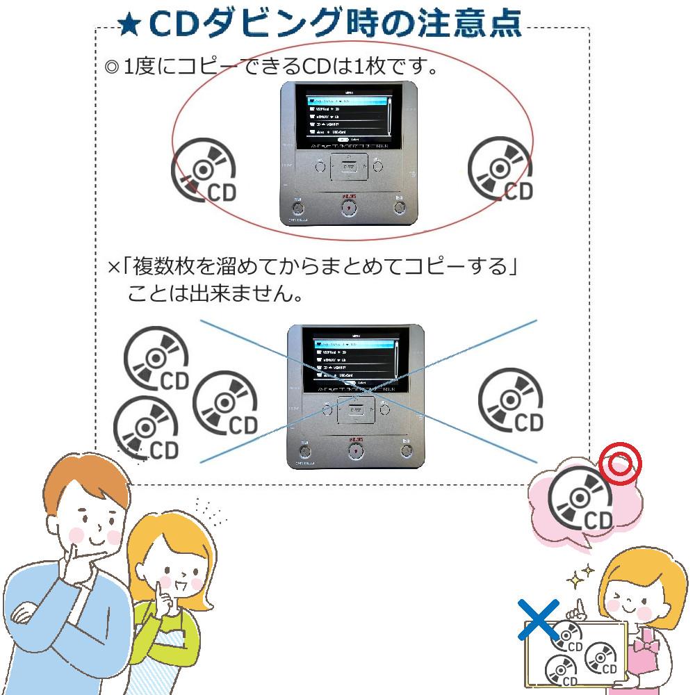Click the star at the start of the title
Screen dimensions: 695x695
tap(129, 26)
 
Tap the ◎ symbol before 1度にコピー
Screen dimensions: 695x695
tap(111, 69)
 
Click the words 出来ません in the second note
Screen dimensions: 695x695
tap(237, 294)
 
